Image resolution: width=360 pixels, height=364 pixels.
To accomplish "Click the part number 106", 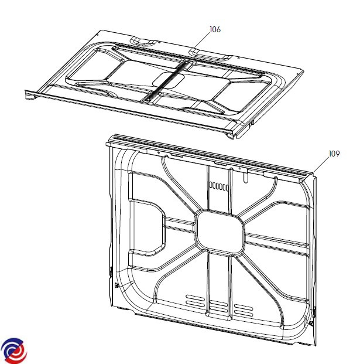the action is click(x=215, y=29).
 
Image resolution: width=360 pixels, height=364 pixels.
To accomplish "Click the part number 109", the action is click(x=334, y=154).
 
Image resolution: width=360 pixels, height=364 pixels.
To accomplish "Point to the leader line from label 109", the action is click(x=321, y=165).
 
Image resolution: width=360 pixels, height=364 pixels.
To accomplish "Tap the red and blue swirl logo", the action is click(x=14, y=351).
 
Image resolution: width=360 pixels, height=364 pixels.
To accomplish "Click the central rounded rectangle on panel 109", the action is click(x=220, y=232).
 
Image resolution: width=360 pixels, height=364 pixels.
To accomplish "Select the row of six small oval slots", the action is click(x=219, y=186).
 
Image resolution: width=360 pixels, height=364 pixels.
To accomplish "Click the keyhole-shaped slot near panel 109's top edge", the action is click(x=245, y=176).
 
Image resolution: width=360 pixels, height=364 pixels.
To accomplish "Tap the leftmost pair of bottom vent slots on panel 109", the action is click(x=195, y=300).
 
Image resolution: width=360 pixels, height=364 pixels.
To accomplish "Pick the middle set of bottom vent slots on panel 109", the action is click(x=218, y=306).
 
